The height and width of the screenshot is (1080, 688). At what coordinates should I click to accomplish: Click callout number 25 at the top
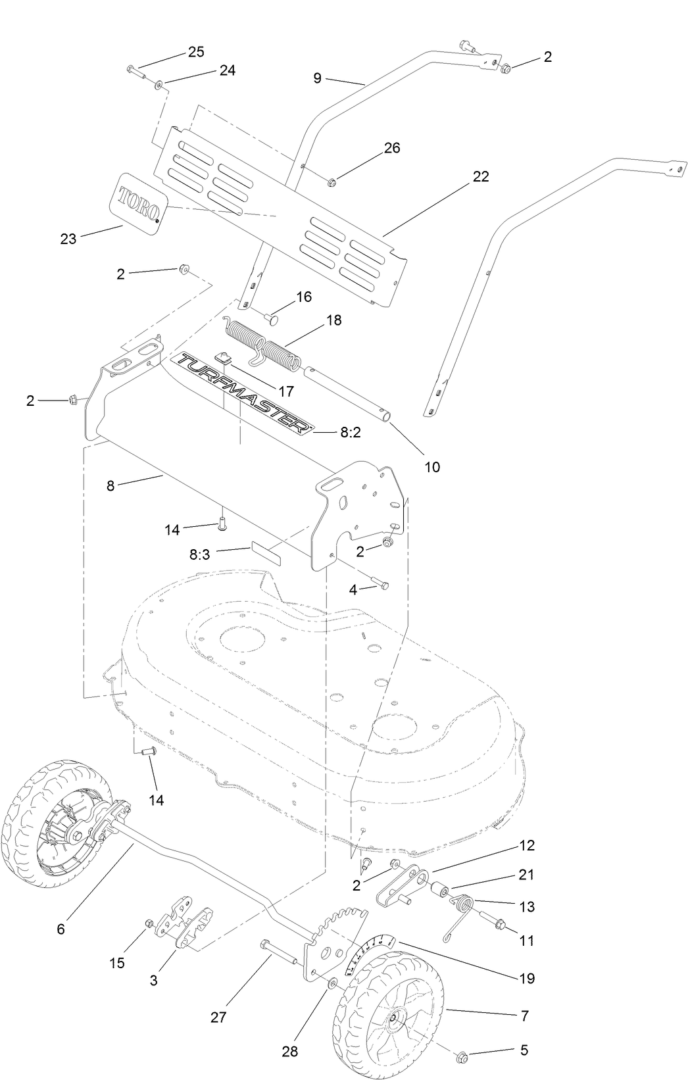[x=195, y=52]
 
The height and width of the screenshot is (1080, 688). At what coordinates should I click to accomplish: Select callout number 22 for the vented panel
[x=481, y=177]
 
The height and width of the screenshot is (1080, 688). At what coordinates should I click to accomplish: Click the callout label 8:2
[x=351, y=433]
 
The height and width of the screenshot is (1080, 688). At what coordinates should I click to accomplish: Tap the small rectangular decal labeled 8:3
[x=266, y=554]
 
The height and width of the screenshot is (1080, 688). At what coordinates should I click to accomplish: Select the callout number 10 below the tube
[x=432, y=467]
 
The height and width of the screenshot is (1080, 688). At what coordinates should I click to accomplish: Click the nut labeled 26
[x=332, y=182]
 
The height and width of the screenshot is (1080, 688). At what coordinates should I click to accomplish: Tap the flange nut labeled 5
[x=461, y=1056]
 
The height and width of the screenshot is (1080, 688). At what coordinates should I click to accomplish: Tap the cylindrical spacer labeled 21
[x=439, y=893]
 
